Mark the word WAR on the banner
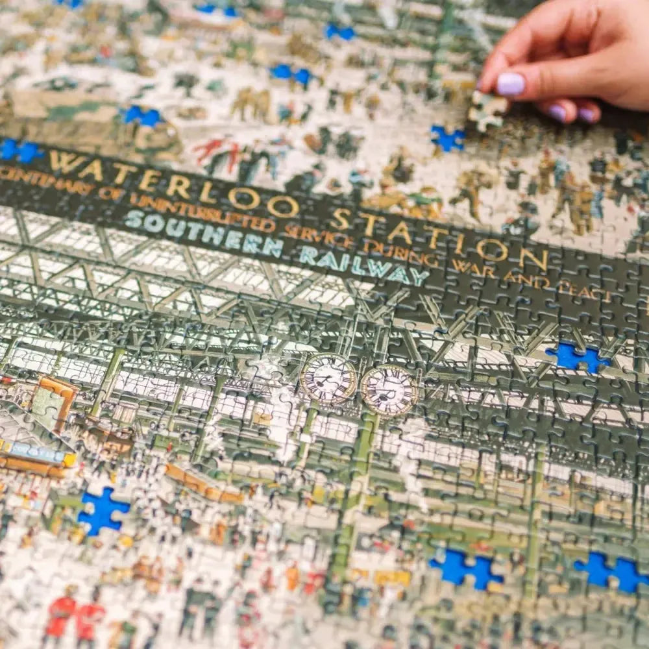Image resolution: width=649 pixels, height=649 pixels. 472,267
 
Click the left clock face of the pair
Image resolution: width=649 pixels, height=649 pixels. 328,378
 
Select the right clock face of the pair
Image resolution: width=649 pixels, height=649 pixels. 389,390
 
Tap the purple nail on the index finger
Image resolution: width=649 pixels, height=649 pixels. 510,84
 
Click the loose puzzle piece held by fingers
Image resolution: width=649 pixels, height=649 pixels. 487,108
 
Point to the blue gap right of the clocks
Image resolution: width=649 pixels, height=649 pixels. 576,358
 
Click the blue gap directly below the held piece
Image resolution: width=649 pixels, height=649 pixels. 448,138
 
